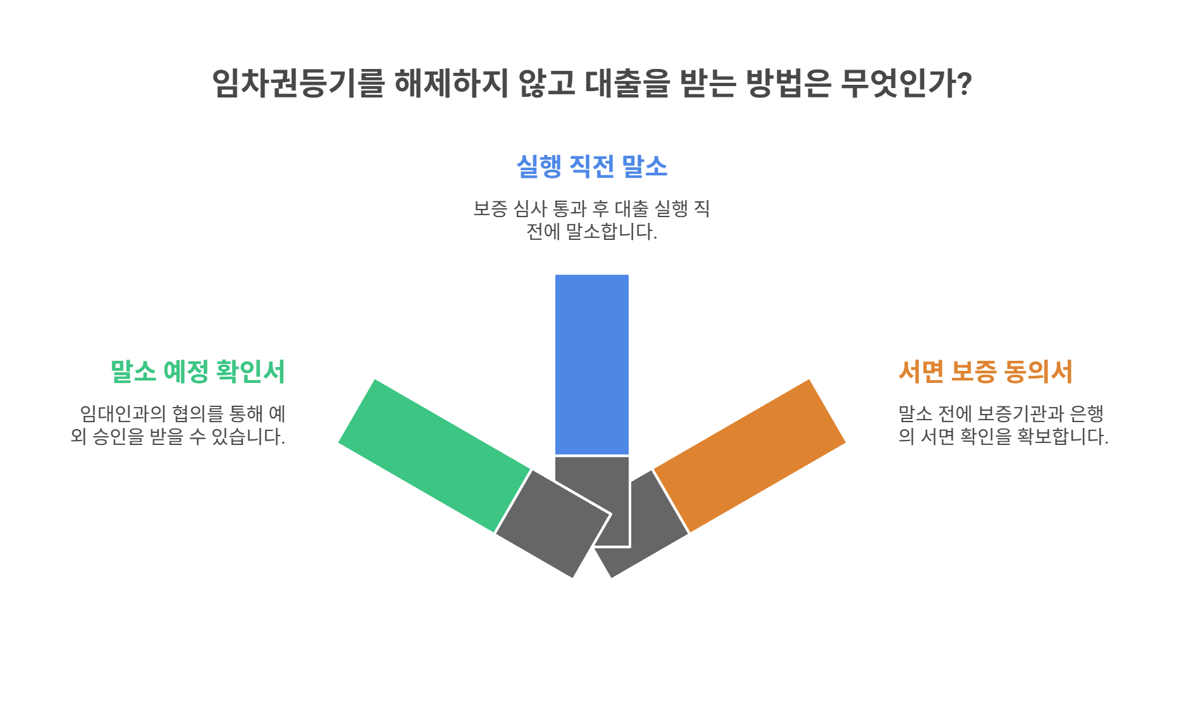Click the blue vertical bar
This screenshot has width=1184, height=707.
coord(591,364)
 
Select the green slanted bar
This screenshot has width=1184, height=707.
coord(434,455)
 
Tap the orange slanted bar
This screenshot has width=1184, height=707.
coord(749,455)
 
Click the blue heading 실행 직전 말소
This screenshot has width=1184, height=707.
coord(591,166)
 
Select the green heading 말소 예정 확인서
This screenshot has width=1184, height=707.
coord(197,372)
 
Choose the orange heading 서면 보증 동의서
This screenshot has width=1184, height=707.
coord(985,372)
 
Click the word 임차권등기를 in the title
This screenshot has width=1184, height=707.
coord(297,83)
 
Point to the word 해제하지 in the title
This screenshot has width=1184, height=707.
coord(451,83)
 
